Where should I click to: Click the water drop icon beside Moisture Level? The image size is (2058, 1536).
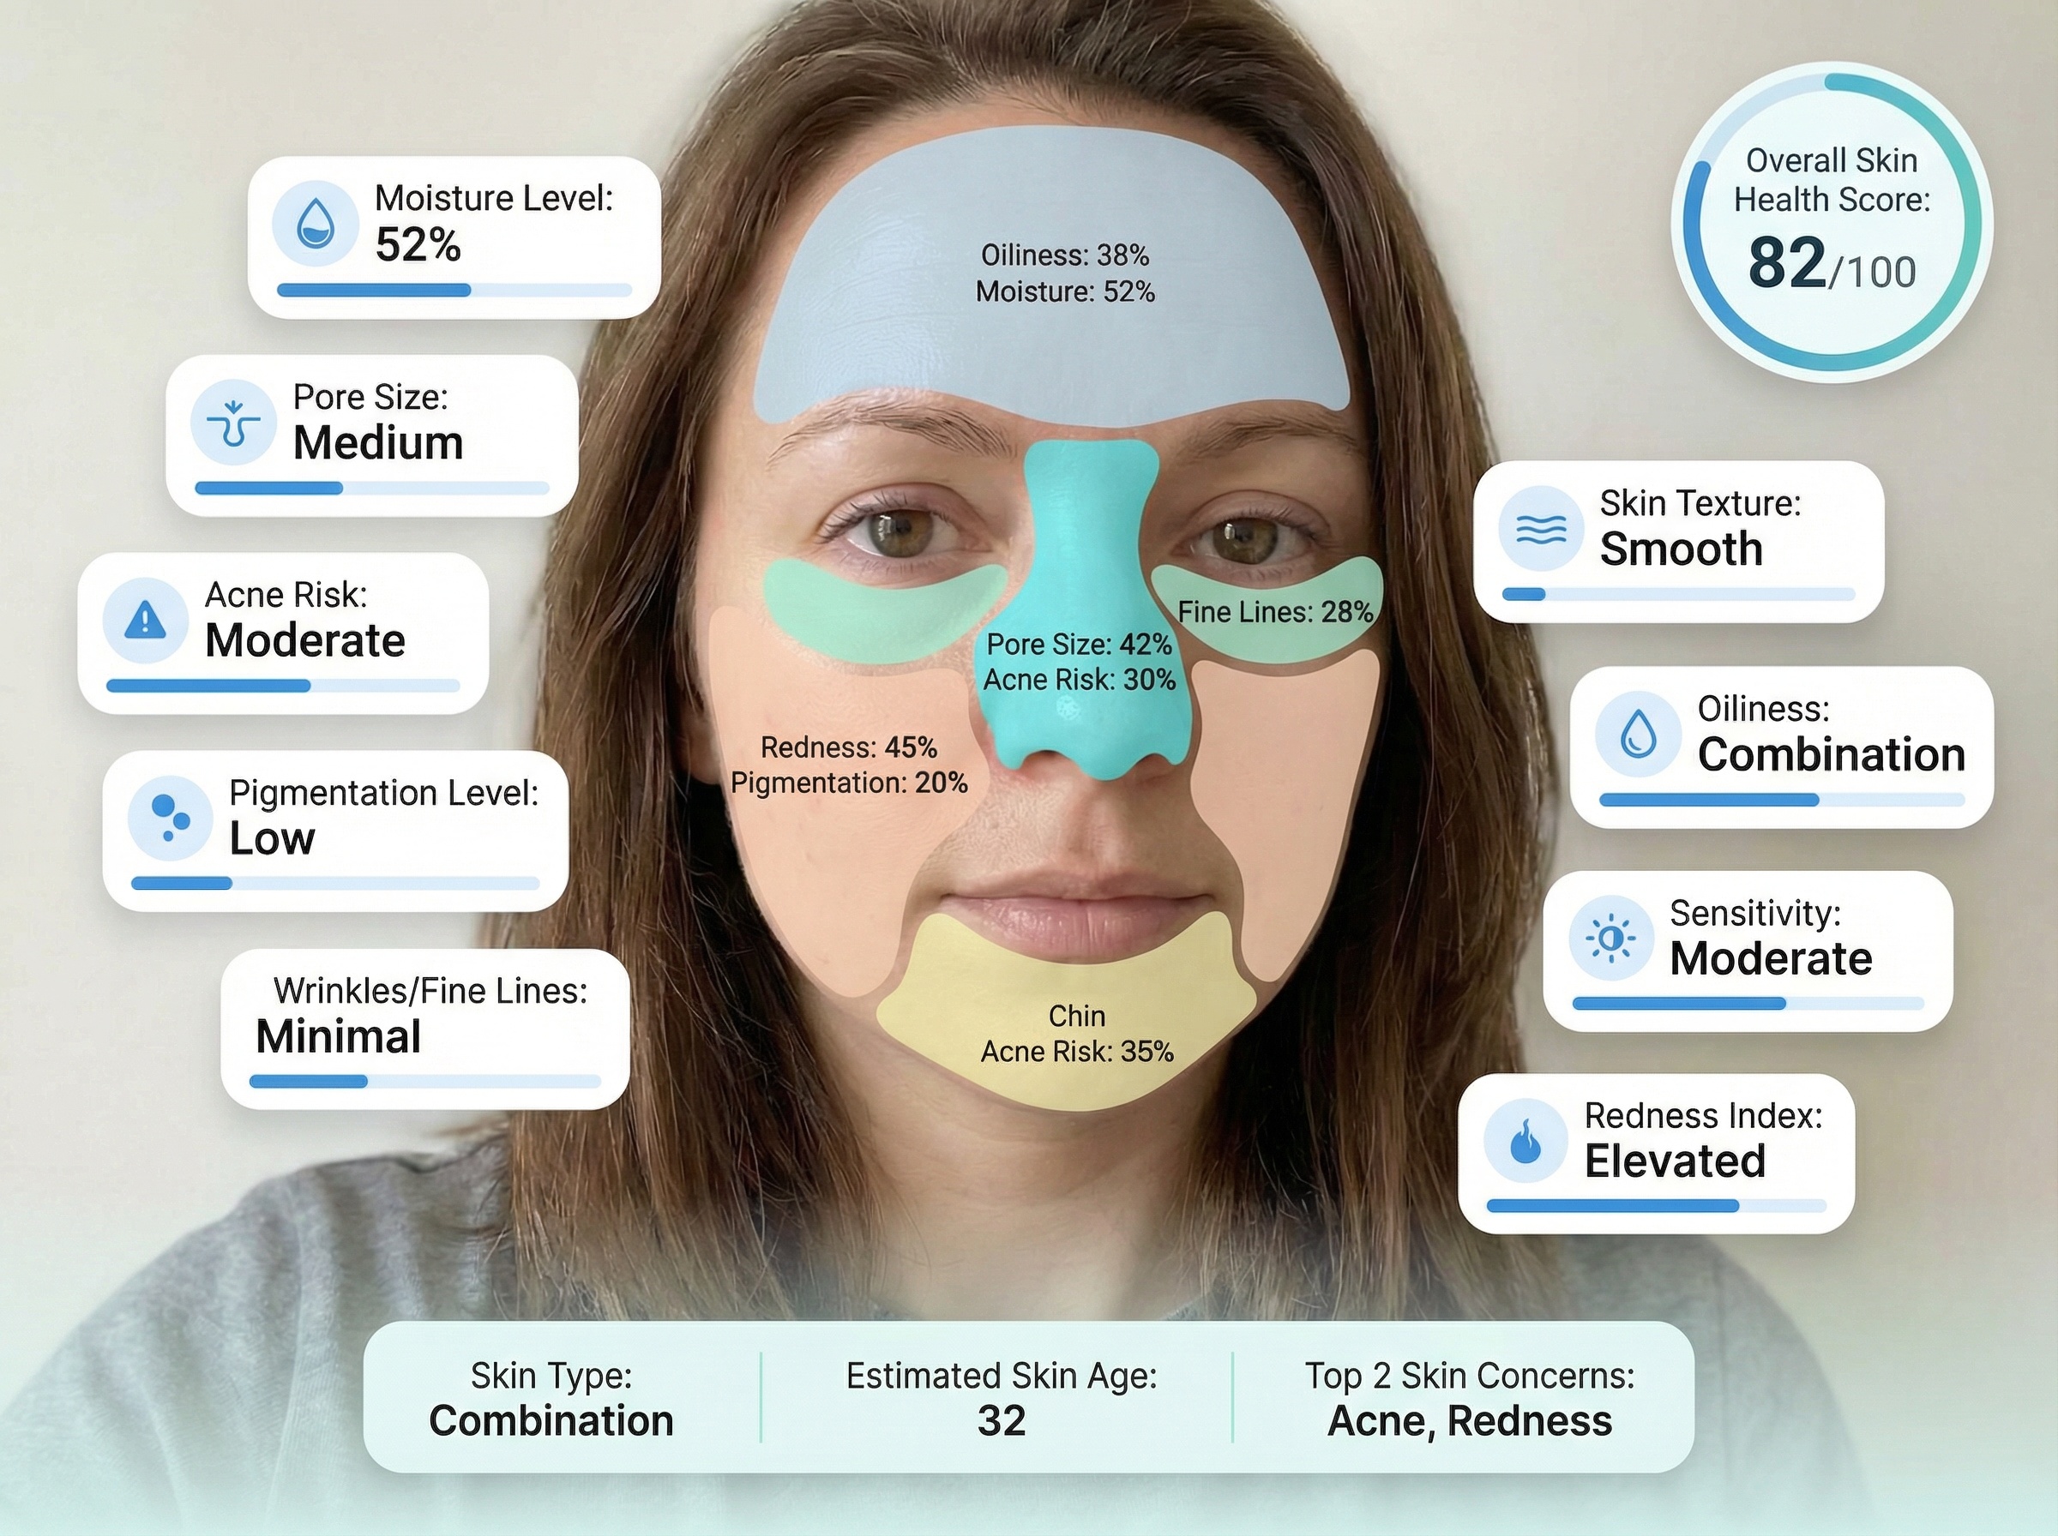click(316, 224)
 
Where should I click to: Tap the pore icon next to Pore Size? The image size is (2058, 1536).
click(233, 422)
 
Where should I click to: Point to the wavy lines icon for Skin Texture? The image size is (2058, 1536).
click(1541, 528)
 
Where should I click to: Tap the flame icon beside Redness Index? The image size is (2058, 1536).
click(1526, 1141)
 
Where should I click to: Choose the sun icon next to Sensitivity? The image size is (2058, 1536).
click(1610, 939)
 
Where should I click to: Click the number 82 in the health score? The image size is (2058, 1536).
click(1786, 263)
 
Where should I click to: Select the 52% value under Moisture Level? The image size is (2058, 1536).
click(418, 245)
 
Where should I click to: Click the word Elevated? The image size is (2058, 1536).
click(1675, 1161)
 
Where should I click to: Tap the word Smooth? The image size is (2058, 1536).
click(1682, 549)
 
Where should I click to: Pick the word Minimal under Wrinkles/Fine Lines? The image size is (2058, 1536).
click(339, 1036)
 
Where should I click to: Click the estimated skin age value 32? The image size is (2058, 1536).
click(1002, 1420)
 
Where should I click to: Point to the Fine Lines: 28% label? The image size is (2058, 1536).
click(1275, 612)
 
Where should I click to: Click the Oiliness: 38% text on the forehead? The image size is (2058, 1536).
click(1065, 255)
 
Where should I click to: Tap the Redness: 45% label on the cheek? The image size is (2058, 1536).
click(848, 747)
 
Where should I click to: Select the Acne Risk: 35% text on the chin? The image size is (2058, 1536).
click(1077, 1052)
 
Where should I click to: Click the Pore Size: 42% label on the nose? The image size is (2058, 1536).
click(1079, 644)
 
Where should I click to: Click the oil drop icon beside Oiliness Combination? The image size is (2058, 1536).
click(1638, 734)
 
